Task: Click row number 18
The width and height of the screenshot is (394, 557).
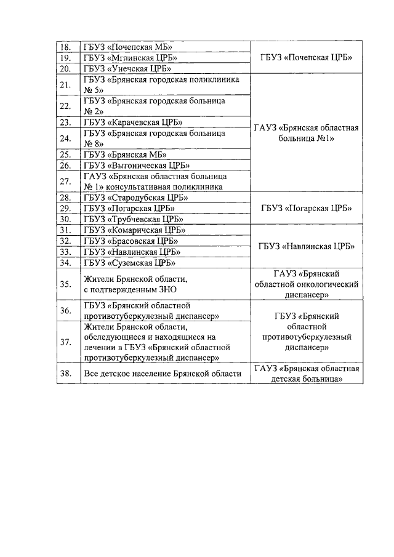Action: pyautogui.click(x=66, y=47)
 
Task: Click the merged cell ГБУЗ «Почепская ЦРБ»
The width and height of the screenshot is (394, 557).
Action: pyautogui.click(x=306, y=58)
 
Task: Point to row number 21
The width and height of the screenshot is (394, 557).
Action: pyautogui.click(x=66, y=85)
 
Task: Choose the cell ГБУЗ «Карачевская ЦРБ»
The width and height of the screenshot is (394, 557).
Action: pyautogui.click(x=131, y=122)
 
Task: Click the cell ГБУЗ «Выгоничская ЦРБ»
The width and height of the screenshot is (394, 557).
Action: pyautogui.click(x=136, y=165)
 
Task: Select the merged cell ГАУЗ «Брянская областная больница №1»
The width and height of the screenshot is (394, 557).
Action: pyautogui.click(x=306, y=133)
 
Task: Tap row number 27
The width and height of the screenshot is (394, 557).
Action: pyautogui.click(x=66, y=182)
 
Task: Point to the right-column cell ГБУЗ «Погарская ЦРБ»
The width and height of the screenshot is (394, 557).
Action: pyautogui.click(x=306, y=209)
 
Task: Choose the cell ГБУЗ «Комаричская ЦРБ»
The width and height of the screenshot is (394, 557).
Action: pyautogui.click(x=134, y=230)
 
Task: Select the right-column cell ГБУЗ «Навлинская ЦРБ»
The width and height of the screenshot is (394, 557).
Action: pyautogui.click(x=306, y=246)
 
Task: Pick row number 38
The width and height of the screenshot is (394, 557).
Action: pyautogui.click(x=66, y=374)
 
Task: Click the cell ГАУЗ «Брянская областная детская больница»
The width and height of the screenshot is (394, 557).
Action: pyautogui.click(x=306, y=374)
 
